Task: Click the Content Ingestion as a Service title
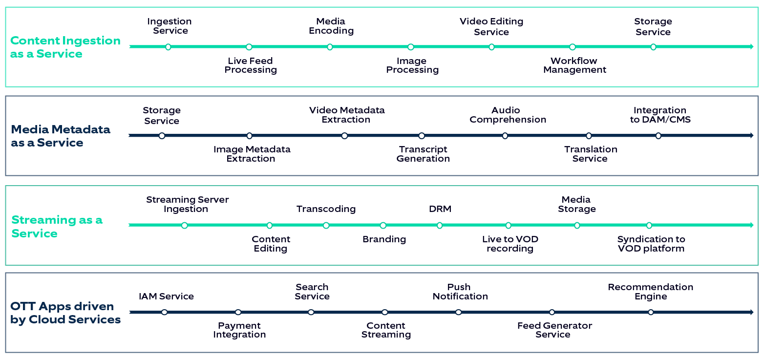pyautogui.click(x=65, y=47)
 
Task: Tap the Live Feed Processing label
pyautogui.click(x=251, y=65)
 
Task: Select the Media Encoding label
pyautogui.click(x=331, y=26)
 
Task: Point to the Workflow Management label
pyautogui.click(x=574, y=65)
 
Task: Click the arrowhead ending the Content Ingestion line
pyautogui.click(x=751, y=47)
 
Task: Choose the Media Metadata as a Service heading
pyautogui.click(x=61, y=136)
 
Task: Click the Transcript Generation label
pyautogui.click(x=423, y=154)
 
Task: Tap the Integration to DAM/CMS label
pyautogui.click(x=660, y=115)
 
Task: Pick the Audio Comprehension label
pyautogui.click(x=508, y=115)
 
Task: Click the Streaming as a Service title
pyautogui.click(x=57, y=226)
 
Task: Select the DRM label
pyautogui.click(x=440, y=209)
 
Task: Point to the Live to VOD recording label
pyautogui.click(x=510, y=244)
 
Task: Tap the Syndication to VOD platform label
pyautogui.click(x=651, y=244)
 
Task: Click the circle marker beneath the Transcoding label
pyautogui.click(x=326, y=225)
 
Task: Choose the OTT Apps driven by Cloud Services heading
pyautogui.click(x=65, y=313)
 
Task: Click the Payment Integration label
pyautogui.click(x=239, y=330)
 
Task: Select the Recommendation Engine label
pyautogui.click(x=650, y=292)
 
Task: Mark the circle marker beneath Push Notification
pyautogui.click(x=458, y=312)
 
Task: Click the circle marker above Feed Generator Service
pyautogui.click(x=552, y=312)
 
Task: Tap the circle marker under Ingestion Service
pyautogui.click(x=168, y=47)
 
